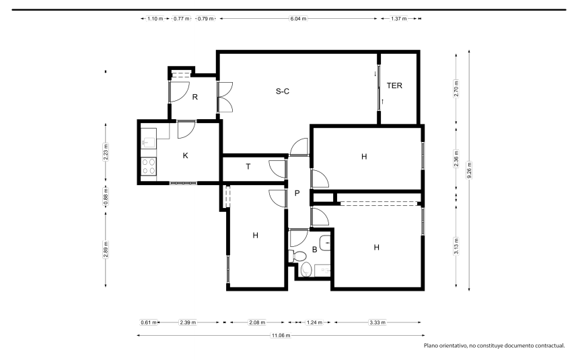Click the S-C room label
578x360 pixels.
pos(283,91)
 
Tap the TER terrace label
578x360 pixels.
pos(394,85)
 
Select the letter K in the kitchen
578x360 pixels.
pos(186,155)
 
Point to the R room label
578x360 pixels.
pos(195,97)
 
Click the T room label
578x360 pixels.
pos(248,167)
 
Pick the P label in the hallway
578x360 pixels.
pos(297,193)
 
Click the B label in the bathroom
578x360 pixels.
pos(314,250)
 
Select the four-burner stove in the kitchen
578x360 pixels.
pos(149,166)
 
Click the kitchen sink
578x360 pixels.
pos(149,141)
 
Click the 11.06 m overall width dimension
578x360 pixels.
pos(281,335)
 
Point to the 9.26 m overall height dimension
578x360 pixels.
pos(469,170)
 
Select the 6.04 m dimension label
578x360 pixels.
pos(298,18)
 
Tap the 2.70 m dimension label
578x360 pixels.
pos(456,89)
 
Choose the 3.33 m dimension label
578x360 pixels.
pos(377,322)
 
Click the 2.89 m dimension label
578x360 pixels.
pos(106,250)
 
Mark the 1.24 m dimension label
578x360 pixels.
pos(314,322)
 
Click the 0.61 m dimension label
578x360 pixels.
pos(149,322)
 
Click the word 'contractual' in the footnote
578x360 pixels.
pos(550,346)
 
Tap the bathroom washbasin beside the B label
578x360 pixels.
pos(325,243)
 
